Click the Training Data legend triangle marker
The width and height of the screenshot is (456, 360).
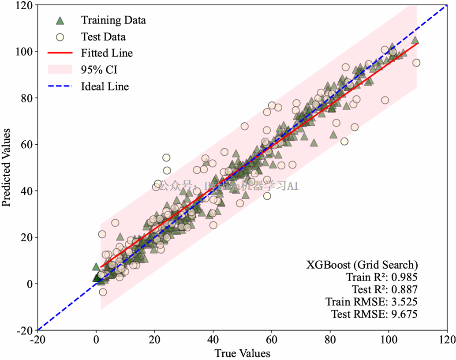coord(60,20)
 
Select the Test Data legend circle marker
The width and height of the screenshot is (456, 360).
coord(60,37)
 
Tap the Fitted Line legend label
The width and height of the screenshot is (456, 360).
coord(107,53)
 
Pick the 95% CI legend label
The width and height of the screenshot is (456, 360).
coord(99,70)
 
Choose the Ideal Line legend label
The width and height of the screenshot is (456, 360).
coord(105,86)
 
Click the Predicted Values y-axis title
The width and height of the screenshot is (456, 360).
coord(6,167)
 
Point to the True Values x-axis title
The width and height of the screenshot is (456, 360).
coord(242,353)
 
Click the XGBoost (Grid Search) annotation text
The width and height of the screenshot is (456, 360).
coord(362,265)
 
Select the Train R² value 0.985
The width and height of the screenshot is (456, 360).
coord(405,277)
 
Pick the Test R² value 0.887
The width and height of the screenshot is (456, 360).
coord(405,289)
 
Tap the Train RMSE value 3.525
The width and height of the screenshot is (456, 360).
coord(405,302)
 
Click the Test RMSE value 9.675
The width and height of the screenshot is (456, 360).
coord(405,314)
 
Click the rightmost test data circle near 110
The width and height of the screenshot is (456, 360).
coord(416,63)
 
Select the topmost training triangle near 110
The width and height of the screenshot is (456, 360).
coord(415,41)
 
